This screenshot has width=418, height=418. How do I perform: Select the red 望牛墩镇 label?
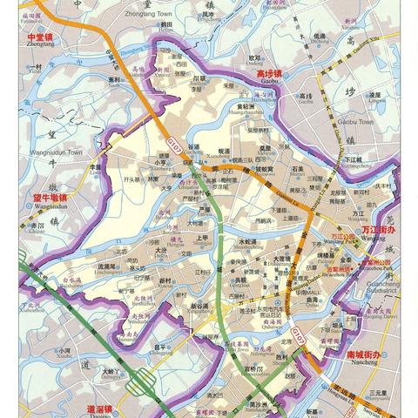tap(50, 198)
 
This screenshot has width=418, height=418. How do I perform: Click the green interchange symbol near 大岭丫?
tap(138, 381)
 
